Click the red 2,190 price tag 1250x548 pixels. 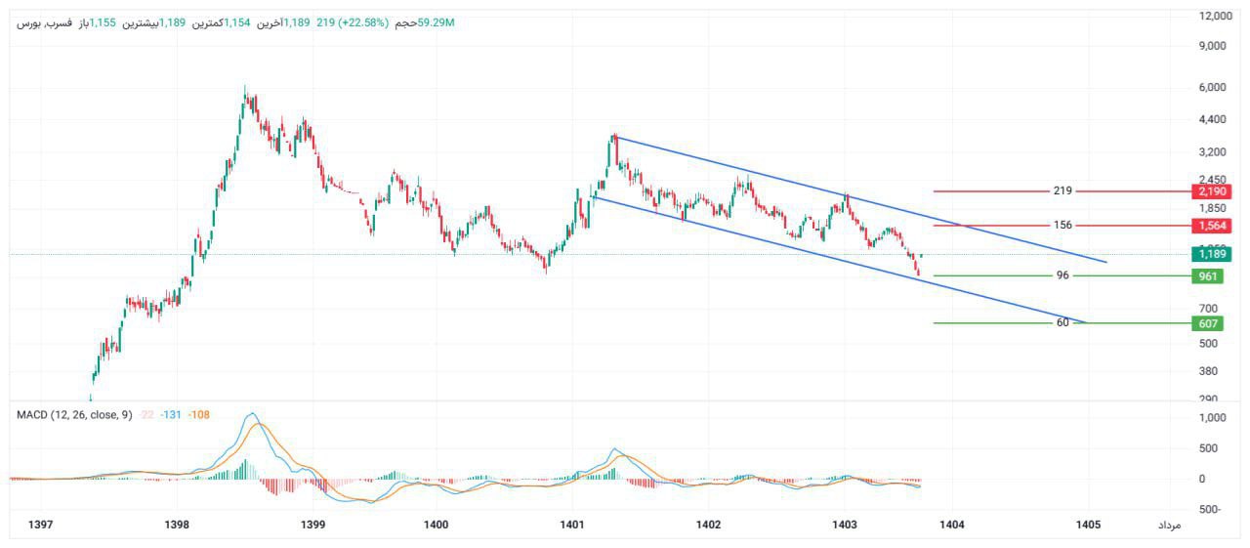1209,191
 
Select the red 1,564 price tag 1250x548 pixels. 1209,226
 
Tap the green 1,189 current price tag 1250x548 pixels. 1209,254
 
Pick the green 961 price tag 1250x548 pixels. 1208,276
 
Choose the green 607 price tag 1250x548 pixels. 1208,323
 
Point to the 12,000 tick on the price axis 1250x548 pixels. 1217,16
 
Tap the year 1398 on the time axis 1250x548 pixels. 177,525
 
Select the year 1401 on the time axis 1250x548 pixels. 572,525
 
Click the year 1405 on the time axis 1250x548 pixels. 1089,525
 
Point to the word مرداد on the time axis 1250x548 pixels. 1169,526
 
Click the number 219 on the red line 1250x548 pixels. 1063,190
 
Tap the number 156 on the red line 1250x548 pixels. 1062,225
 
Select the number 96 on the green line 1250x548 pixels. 1062,275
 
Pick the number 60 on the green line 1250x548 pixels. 1062,322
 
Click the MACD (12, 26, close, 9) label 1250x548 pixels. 74,415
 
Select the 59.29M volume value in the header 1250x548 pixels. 437,21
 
